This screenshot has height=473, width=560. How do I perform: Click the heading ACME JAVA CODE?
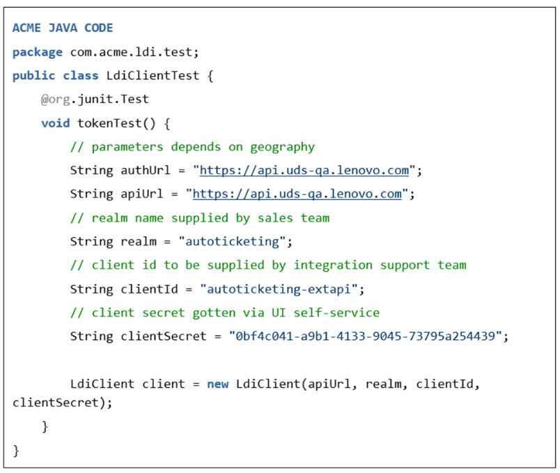63,28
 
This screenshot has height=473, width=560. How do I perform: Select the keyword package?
38,52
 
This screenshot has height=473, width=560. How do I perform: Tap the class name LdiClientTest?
153,76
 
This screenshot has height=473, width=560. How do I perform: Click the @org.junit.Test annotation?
95,100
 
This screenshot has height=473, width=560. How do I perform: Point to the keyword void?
55,123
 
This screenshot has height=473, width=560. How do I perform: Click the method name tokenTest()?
116,123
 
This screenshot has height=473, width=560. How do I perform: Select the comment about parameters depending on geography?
192,147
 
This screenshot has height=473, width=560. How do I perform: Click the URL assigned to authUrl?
304,171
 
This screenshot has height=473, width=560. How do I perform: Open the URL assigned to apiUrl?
297,194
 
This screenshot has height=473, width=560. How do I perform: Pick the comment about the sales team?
200,218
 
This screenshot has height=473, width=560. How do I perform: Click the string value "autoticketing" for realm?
232,242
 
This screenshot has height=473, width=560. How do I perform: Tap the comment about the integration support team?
268,265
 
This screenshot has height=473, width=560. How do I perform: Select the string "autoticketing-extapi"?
279,289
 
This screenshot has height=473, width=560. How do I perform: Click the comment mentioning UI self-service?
225,313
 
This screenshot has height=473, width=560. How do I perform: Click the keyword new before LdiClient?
217,384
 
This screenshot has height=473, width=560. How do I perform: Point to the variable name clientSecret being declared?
163,336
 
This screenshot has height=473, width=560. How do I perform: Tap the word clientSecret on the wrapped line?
55,403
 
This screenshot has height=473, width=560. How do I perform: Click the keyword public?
34,76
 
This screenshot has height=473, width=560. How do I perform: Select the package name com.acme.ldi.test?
131,52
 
